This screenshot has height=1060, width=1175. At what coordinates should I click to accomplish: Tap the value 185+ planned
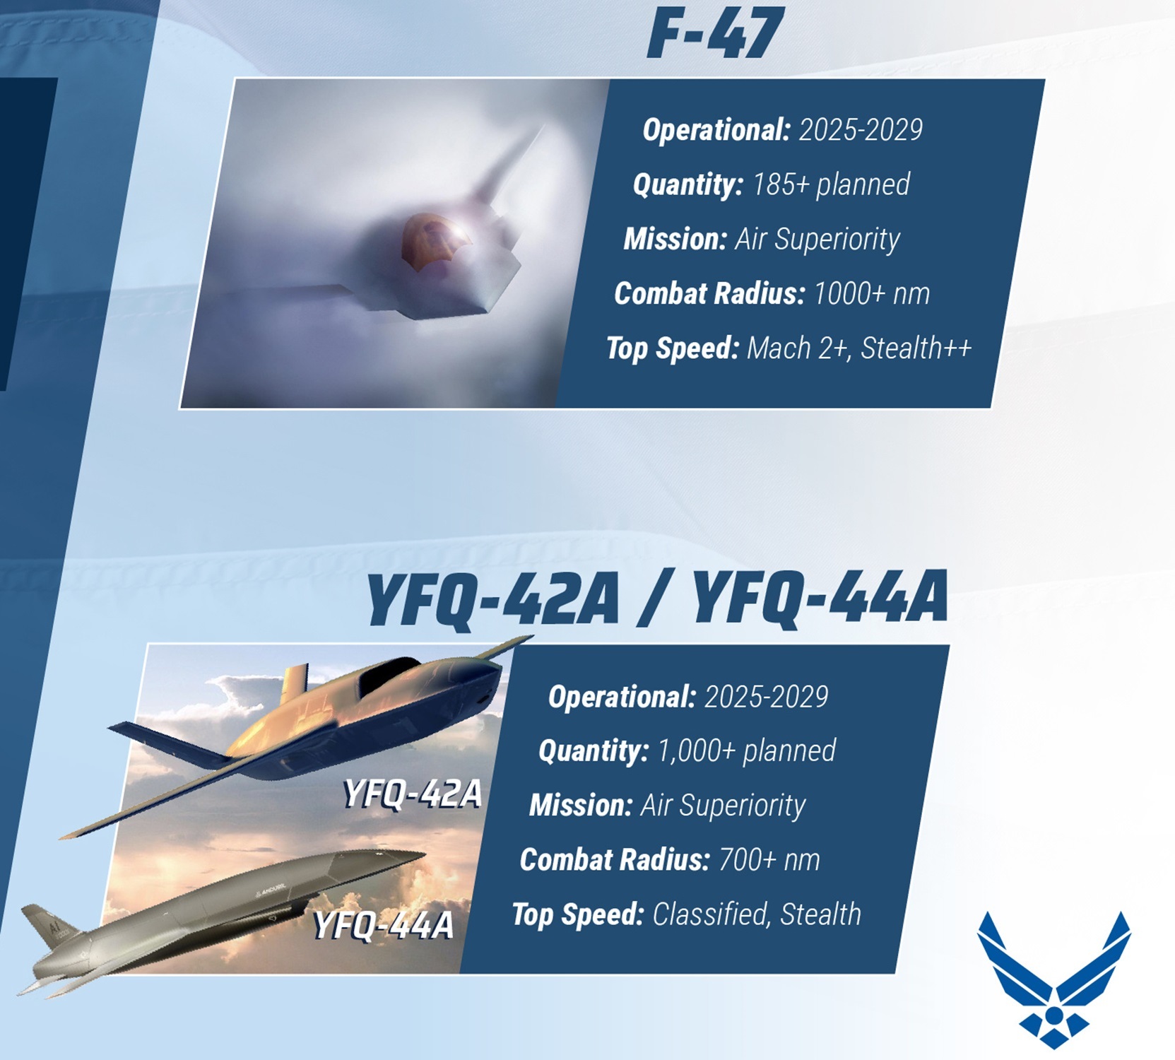[831, 184]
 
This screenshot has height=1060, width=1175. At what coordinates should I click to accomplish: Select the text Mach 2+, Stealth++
[859, 348]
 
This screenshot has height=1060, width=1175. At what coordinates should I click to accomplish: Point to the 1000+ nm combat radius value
[872, 293]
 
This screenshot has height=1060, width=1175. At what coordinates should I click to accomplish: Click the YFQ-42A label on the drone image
[413, 794]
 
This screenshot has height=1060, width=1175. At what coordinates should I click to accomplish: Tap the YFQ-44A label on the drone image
[383, 925]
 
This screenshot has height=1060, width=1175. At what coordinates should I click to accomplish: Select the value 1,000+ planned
[747, 750]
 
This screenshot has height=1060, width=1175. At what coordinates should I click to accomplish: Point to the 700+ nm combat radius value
[769, 860]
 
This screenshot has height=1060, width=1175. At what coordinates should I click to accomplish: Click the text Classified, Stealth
[757, 914]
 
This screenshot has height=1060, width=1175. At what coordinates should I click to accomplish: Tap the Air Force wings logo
[1053, 979]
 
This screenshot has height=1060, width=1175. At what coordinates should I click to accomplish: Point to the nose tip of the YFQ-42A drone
[531, 638]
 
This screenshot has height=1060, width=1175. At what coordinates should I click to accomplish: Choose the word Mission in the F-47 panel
[675, 239]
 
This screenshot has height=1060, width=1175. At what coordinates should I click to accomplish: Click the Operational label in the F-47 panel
[716, 130]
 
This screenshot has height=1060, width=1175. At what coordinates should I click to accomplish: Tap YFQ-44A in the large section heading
[820, 598]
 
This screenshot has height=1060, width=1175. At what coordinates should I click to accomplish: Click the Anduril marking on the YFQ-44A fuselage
[269, 890]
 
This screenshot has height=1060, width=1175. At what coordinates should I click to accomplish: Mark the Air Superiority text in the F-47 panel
[817, 239]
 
